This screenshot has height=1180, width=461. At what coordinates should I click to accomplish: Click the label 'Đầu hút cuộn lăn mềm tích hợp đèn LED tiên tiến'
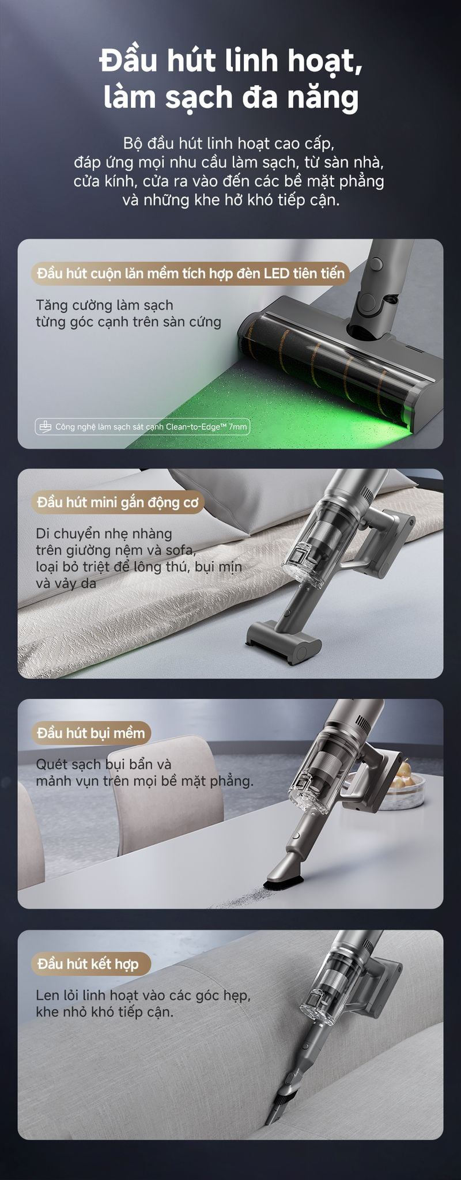[x=190, y=273]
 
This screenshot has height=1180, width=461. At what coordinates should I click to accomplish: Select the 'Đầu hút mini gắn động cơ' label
[x=118, y=502]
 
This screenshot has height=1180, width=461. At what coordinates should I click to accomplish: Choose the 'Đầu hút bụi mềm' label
[x=91, y=733]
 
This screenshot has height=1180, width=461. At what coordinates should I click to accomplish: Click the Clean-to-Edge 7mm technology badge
[x=142, y=426]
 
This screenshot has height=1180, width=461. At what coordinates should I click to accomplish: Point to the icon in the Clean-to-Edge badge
[x=44, y=426]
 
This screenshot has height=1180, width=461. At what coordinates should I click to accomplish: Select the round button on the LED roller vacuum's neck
[x=376, y=264]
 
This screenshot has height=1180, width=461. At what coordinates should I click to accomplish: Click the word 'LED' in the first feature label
[x=278, y=273]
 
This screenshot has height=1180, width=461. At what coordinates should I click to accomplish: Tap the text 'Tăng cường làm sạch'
[x=104, y=305]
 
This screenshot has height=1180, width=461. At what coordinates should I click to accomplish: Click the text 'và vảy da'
[x=66, y=583]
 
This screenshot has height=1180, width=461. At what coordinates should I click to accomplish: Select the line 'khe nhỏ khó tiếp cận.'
[x=104, y=1012]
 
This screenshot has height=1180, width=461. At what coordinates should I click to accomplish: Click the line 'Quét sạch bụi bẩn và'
[x=104, y=765]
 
